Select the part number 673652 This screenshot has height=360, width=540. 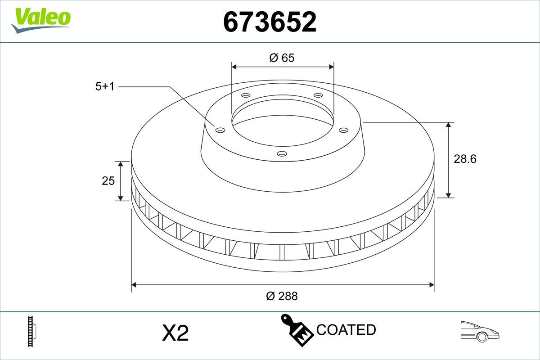pos(270,22)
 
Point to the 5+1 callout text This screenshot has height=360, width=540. pos(105,86)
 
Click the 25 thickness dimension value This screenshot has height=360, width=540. pos(108,181)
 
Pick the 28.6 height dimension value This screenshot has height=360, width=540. pos(465,159)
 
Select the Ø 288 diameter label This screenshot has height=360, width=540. pos(282,296)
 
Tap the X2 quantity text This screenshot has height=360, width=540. pos(175,333)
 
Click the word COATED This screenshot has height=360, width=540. pos(346,330)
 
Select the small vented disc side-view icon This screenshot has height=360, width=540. pos(31,331)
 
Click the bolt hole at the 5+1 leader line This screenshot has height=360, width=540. pos(220,130)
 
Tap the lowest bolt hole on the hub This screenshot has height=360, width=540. pos(282,154)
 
